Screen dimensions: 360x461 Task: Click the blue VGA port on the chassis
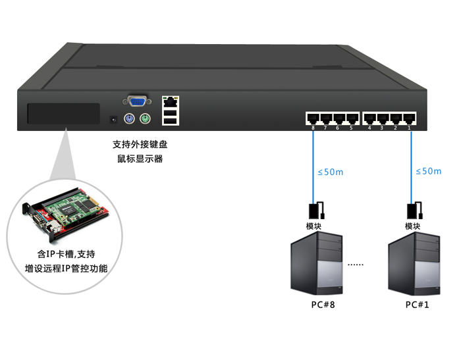136,101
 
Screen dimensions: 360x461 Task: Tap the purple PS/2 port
130,119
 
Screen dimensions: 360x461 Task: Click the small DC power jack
113,120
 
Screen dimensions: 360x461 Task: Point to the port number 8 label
313,128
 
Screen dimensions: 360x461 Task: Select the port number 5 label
351,128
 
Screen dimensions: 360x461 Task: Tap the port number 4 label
370,128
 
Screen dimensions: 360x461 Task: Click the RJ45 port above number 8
313,118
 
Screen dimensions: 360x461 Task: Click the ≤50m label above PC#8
331,172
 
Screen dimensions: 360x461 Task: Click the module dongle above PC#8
314,211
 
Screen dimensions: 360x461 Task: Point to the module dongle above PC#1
414,211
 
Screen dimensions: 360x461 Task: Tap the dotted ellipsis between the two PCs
356,265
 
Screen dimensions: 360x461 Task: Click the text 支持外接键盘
139,145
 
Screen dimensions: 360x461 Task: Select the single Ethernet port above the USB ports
171,102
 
